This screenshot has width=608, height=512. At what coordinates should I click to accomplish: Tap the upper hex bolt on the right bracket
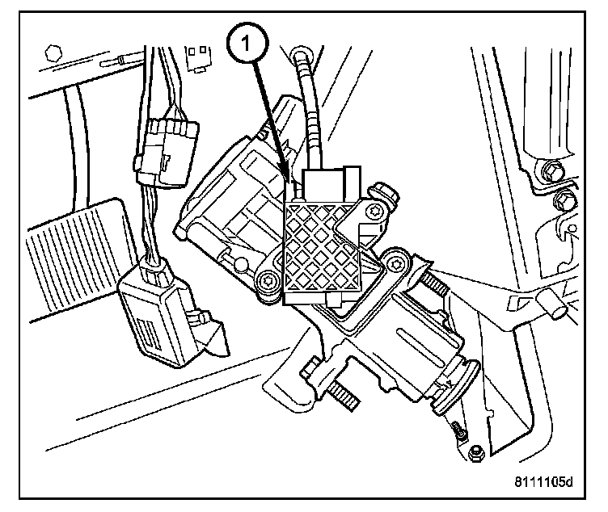(553, 172)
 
